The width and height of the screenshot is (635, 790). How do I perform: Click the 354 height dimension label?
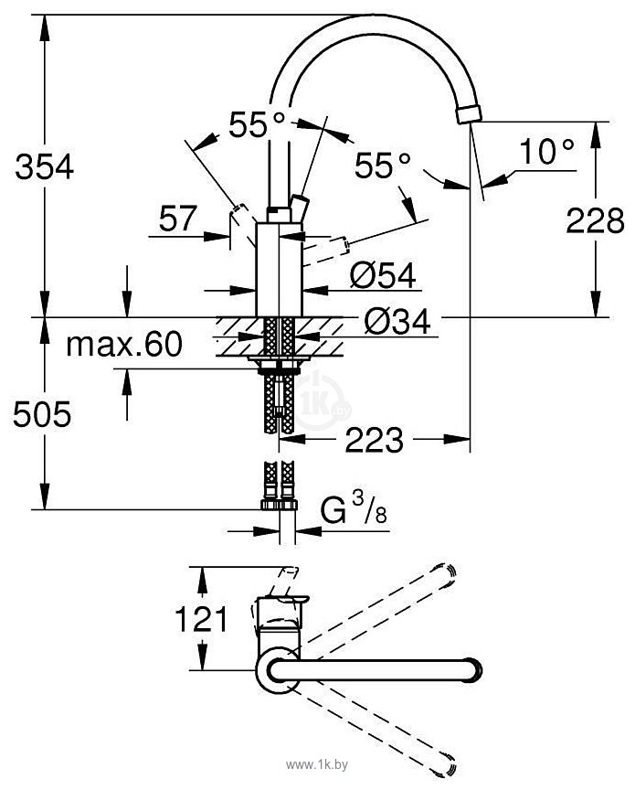click(45, 166)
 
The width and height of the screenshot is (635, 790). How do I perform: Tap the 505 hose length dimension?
click(42, 414)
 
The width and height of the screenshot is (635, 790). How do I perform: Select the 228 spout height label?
click(595, 220)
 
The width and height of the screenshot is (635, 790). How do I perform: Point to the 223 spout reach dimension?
click(375, 439)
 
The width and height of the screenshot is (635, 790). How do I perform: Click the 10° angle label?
click(546, 151)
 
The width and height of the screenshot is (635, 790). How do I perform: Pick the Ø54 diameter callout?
click(383, 275)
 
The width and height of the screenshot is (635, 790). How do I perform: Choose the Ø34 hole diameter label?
click(397, 321)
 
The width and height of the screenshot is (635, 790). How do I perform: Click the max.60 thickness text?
click(124, 345)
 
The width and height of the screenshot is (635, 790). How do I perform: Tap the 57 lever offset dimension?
click(177, 219)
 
